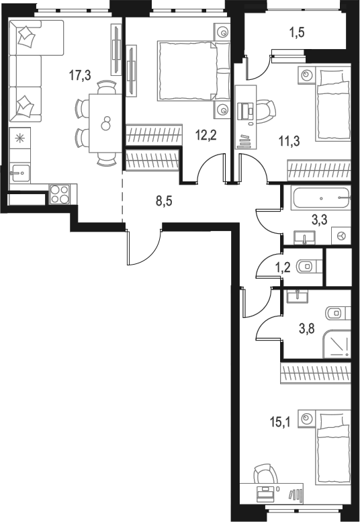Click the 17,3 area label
click(x=81, y=75)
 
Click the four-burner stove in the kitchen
click(x=59, y=193)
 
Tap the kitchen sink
click(x=19, y=173)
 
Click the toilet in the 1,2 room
click(x=309, y=266)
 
